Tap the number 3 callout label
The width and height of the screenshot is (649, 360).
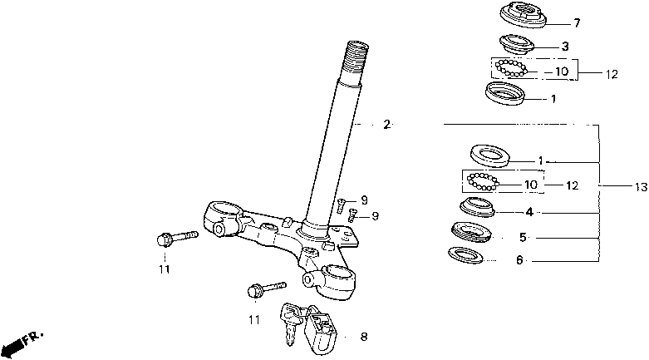565,46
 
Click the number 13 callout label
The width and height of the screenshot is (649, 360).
640,189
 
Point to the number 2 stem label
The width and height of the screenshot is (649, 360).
386,125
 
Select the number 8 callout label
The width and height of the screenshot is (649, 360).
363,337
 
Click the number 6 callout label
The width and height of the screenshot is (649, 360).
519,260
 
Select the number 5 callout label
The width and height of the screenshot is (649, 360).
523,238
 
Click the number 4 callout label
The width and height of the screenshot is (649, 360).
529,213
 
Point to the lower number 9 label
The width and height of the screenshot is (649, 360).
375,216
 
